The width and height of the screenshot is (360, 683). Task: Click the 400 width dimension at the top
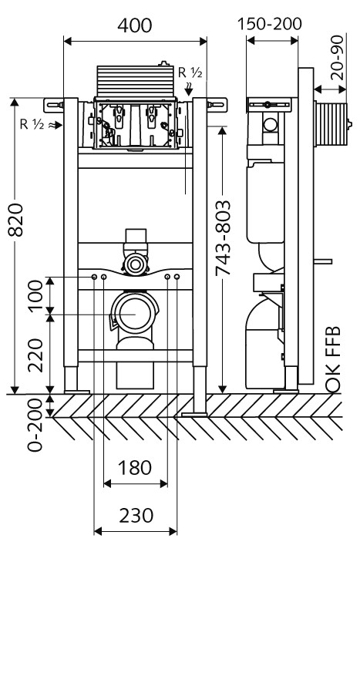pyautogui.click(x=135, y=25)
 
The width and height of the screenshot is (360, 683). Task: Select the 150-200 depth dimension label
pyautogui.click(x=269, y=24)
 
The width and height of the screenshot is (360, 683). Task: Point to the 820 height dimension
pyautogui.click(x=16, y=219)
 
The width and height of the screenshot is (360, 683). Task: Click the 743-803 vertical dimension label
pyautogui.click(x=223, y=238)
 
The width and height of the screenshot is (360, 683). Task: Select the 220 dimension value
pyautogui.click(x=36, y=355)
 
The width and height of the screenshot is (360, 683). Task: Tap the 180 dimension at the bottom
pyautogui.click(x=135, y=468)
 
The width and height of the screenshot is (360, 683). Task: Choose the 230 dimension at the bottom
pyautogui.click(x=136, y=516)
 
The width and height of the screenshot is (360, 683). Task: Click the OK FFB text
pyautogui.click(x=333, y=360)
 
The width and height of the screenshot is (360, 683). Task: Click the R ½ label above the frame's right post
pyautogui.click(x=190, y=72)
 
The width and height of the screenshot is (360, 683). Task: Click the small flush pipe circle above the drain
pyautogui.click(x=136, y=264)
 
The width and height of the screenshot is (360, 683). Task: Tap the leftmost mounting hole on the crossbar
pyautogui.click(x=94, y=277)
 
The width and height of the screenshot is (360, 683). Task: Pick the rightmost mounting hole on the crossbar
pyautogui.click(x=177, y=277)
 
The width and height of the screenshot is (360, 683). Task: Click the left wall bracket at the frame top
pyautogui.click(x=54, y=105)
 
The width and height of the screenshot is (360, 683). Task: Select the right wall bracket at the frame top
pyautogui.click(x=217, y=105)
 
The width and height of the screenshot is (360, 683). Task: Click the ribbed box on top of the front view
pyautogui.click(x=136, y=81)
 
